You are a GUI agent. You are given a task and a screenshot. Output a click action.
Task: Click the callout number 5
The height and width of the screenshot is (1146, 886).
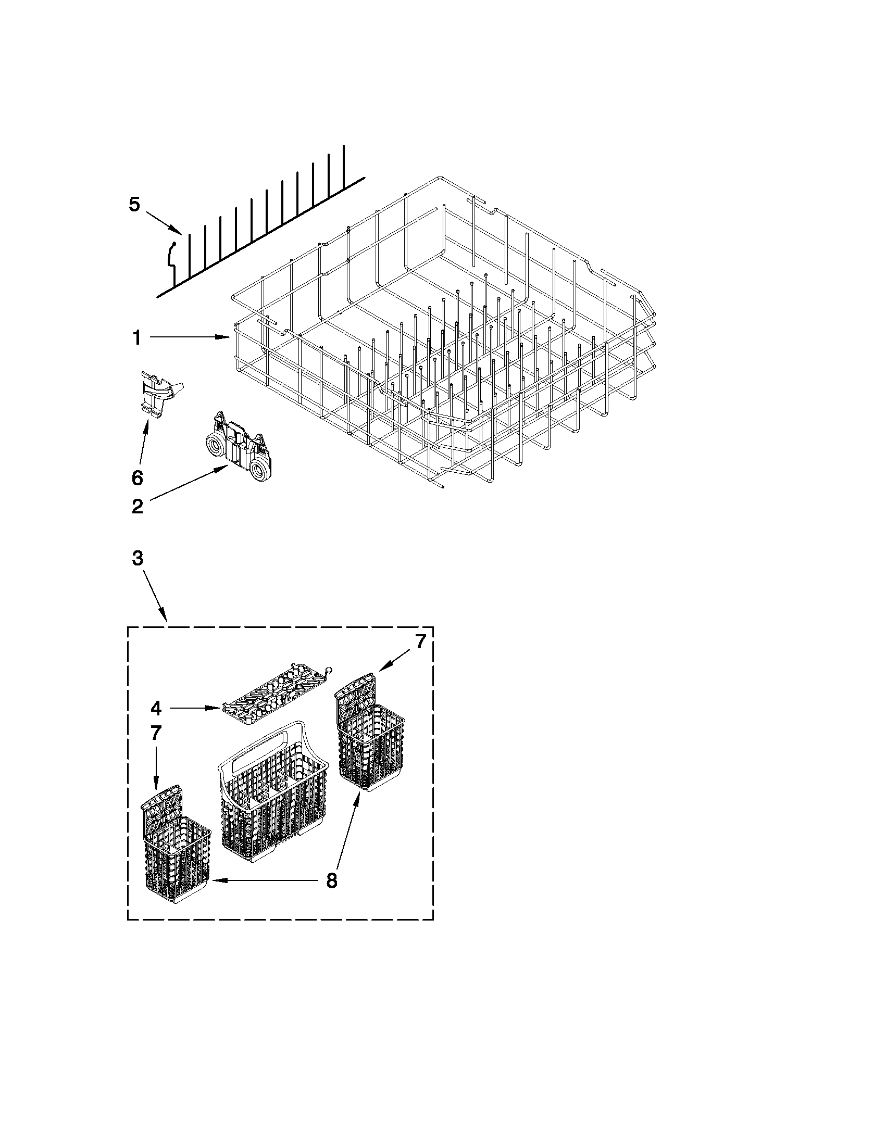click(x=134, y=204)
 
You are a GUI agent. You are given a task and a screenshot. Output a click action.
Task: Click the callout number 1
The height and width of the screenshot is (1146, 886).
click(x=136, y=338)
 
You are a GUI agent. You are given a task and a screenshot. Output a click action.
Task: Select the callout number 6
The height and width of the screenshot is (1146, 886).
click(x=136, y=477)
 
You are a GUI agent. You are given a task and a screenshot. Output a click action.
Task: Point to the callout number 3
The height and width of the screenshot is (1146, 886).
click(x=136, y=559)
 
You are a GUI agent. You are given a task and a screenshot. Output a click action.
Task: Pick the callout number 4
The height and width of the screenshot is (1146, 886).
click(x=156, y=709)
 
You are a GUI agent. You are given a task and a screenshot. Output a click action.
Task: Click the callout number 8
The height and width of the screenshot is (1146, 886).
click(x=331, y=880)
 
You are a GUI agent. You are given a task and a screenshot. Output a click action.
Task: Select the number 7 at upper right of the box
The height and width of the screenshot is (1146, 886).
click(x=420, y=643)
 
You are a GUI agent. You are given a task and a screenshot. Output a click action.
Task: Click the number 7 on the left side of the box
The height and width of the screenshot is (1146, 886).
click(x=156, y=733)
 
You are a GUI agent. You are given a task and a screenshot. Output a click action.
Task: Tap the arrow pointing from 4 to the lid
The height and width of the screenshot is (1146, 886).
click(x=194, y=709)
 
